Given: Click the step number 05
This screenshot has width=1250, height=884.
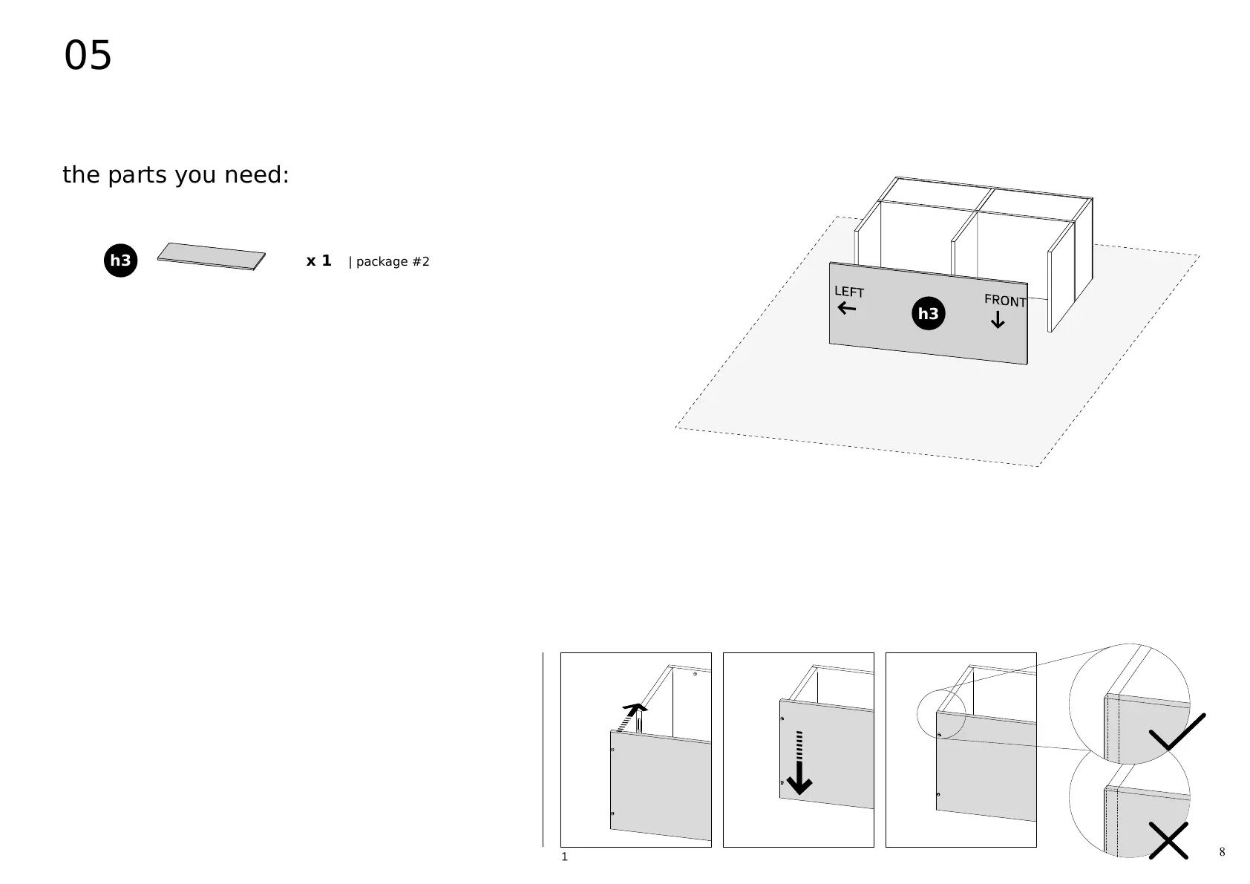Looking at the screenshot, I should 88,56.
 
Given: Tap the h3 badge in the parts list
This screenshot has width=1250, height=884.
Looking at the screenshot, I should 120,261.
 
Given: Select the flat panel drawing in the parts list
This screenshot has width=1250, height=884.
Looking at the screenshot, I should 211,256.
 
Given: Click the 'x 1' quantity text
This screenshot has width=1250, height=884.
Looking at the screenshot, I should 318,261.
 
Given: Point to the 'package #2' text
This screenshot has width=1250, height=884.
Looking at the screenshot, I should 393,262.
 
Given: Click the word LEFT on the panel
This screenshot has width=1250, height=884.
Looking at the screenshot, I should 848,292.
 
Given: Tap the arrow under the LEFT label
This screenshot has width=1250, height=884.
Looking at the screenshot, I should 846,308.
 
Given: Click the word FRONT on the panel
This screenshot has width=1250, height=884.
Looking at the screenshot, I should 1004,301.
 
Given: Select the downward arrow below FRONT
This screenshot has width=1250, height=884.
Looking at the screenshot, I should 998,321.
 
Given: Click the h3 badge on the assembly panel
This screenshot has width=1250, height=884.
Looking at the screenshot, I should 928,314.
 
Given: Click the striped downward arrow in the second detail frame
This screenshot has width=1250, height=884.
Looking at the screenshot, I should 799,765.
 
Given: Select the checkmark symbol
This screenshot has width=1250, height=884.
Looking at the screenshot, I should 1177,732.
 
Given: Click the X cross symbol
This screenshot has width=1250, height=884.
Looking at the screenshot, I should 1168,840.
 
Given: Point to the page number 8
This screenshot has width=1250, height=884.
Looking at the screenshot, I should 1222,852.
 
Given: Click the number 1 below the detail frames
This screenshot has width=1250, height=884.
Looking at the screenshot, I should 564,857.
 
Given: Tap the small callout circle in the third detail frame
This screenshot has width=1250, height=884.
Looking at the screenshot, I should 940,715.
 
